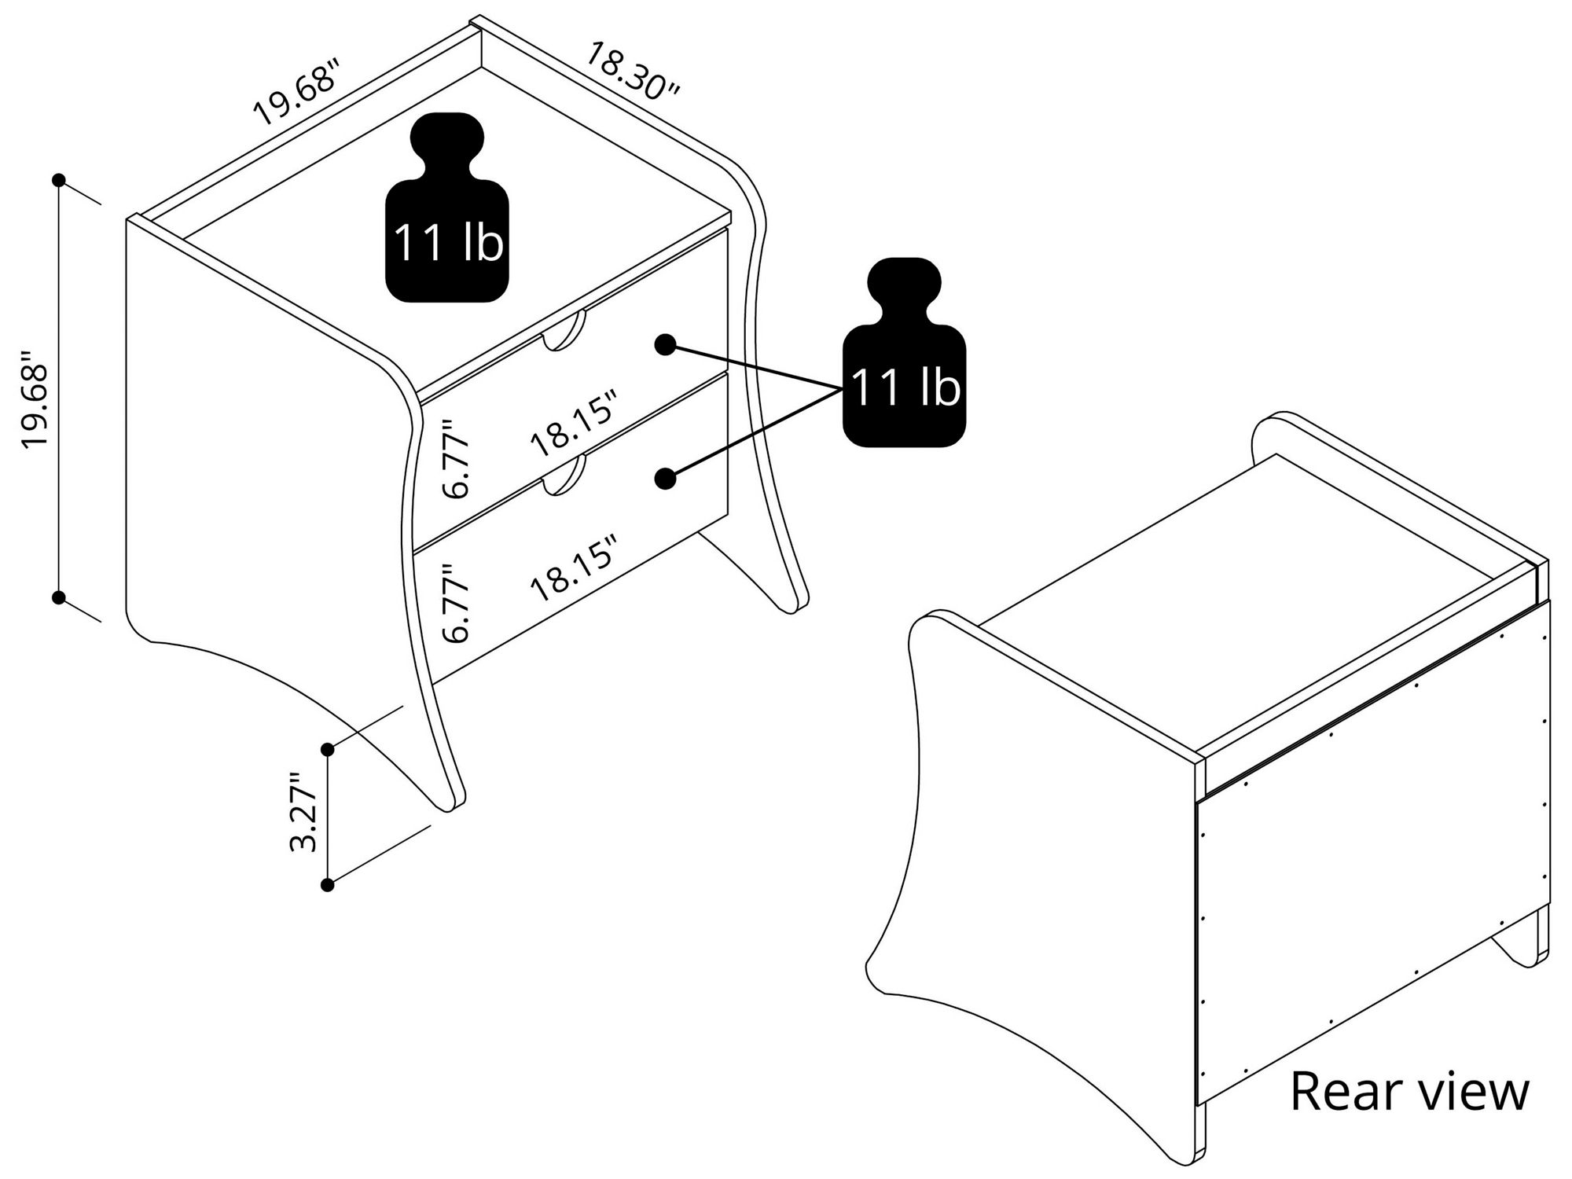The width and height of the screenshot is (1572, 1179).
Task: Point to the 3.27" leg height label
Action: click(303, 812)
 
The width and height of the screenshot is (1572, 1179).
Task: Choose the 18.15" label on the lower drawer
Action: click(572, 568)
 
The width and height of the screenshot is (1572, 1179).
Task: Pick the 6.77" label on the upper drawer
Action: click(456, 459)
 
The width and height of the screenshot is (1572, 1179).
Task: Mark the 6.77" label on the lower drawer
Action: click(456, 603)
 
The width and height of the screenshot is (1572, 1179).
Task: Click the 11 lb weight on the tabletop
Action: click(446, 208)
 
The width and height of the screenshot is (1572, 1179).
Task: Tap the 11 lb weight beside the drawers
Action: click(904, 353)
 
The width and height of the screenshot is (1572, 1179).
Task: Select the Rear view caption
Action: click(1410, 1091)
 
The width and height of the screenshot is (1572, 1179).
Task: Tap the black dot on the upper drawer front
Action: click(665, 344)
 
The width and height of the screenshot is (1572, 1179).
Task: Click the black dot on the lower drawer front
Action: click(665, 479)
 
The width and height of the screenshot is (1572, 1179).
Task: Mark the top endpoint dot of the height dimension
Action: click(58, 180)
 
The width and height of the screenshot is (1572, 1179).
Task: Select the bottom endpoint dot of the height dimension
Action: click(58, 597)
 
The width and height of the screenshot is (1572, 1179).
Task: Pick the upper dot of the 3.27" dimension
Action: click(328, 750)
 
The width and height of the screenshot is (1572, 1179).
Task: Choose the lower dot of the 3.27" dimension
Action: click(328, 885)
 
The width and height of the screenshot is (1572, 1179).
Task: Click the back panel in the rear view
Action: click(1372, 857)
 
